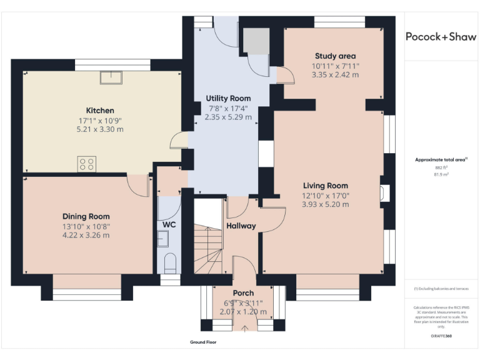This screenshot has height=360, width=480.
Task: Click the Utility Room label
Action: pyautogui.click(x=228, y=98)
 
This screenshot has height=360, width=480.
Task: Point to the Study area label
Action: pyautogui.click(x=336, y=56)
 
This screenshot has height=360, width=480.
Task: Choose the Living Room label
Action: pyautogui.click(x=325, y=186)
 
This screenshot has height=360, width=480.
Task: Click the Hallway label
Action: pyautogui.click(x=241, y=226)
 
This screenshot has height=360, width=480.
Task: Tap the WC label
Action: pyautogui.click(x=169, y=223)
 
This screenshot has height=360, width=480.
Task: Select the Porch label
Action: pyautogui.click(x=243, y=292)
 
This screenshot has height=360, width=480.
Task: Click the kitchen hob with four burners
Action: pyautogui.click(x=87, y=164)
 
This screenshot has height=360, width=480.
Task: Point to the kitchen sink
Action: pyautogui.click(x=112, y=77)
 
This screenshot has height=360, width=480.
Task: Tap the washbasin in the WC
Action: pyautogui.click(x=164, y=238)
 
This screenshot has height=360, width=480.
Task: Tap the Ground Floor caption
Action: pyautogui.click(x=203, y=342)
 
